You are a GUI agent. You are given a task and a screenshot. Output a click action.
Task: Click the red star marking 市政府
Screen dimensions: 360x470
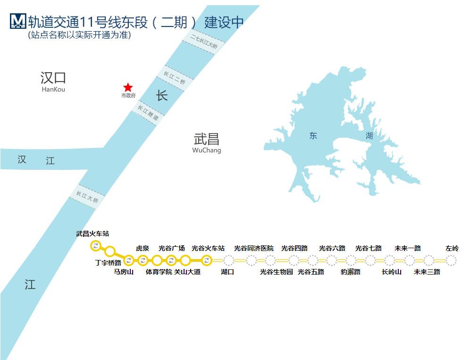pyautogui.click(x=128, y=87)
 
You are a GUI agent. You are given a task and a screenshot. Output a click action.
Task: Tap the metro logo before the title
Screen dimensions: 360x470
pyautogui.click(x=17, y=21)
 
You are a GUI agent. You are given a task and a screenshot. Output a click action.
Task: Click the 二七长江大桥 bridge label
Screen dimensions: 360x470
pyautogui.click(x=204, y=42)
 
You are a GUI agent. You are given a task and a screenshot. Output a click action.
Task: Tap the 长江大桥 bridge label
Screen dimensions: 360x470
pyautogui.click(x=87, y=197)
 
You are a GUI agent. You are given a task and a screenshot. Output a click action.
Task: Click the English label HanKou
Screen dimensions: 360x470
pyautogui.click(x=53, y=89)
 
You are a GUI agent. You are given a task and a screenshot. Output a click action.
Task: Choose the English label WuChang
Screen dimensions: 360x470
pyautogui.click(x=207, y=151)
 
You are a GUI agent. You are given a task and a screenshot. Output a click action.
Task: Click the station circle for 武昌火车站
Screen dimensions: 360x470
pyautogui.click(x=96, y=245)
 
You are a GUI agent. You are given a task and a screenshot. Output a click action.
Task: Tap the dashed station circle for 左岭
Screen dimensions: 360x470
pyautogui.click(x=451, y=260)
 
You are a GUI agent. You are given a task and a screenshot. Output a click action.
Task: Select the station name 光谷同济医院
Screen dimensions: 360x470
pyautogui.click(x=254, y=248)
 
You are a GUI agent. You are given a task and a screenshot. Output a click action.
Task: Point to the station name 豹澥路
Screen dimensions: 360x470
pyautogui.click(x=351, y=272)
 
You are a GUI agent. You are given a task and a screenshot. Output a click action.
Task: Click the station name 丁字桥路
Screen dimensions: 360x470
pyautogui.click(x=108, y=262)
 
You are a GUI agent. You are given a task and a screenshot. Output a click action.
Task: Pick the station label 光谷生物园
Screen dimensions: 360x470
pyautogui.click(x=277, y=272)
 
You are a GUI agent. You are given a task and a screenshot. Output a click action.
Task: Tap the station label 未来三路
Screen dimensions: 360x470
pyautogui.click(x=427, y=272)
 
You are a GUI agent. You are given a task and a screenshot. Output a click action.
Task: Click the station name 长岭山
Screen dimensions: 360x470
pyautogui.click(x=392, y=272)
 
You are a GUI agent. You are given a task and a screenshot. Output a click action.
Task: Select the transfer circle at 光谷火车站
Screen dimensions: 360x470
pyautogui.click(x=206, y=260)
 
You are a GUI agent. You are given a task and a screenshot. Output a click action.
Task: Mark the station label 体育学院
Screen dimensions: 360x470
pyautogui.click(x=159, y=272)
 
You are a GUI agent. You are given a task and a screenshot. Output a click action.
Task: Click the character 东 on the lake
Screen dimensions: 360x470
pyautogui.click(x=313, y=136)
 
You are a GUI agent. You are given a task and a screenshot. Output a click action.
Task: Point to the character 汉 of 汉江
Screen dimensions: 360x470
pyautogui.click(x=22, y=159)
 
